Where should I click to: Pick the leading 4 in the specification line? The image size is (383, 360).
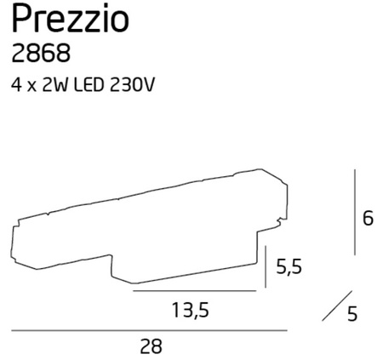click(16, 85)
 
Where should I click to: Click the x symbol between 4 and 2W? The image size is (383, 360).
click(33, 86)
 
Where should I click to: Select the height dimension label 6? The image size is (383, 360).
click(368, 218)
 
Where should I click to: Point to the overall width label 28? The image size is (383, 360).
click(149, 346)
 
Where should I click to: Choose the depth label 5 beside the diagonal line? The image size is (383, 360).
click(352, 314)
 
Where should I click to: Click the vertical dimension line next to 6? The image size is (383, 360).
click(354, 213)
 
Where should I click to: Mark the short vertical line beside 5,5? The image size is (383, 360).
click(266, 267)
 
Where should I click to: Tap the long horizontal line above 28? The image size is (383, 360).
click(149, 330)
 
